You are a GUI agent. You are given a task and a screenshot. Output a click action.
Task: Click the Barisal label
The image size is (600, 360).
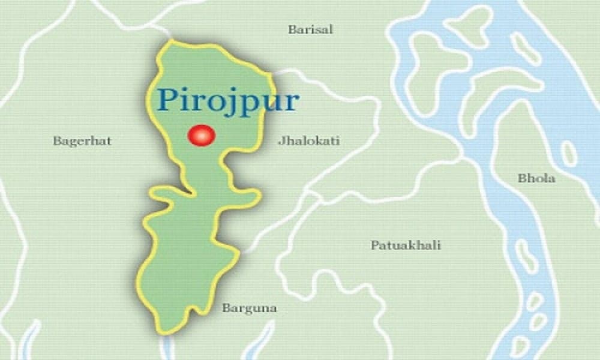[x=310, y=29]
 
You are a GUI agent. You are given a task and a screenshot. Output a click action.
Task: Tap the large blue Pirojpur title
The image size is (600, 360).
[x=228, y=100]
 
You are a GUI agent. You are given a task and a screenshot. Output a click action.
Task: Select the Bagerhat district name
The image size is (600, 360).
[x=82, y=142]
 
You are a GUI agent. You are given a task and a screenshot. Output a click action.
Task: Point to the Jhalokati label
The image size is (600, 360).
[x=308, y=142]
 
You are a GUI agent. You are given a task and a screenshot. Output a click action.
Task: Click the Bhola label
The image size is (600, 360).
[x=536, y=178]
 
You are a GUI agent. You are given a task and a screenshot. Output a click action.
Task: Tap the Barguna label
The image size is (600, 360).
[x=249, y=309]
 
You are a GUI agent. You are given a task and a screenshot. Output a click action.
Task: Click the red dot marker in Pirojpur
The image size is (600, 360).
[x=200, y=136]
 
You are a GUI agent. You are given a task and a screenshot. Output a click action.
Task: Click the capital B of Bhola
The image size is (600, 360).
[x=521, y=178]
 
